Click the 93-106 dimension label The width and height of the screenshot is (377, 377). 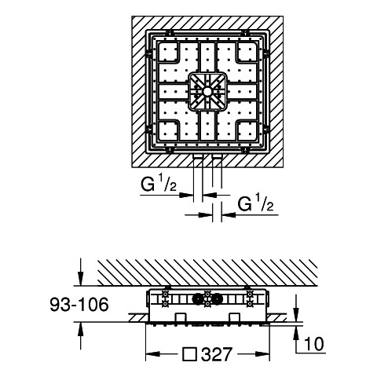coord(79,305)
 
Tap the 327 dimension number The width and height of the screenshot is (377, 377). coord(217,354)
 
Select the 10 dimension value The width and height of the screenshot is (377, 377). coord(314,344)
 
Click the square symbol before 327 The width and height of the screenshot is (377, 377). coord(190,354)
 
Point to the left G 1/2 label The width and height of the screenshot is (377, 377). coord(159,184)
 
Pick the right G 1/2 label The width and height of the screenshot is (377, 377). coord(255,203)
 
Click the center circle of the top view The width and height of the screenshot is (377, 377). coord(207,91)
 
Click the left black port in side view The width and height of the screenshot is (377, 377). coord(198,299)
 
